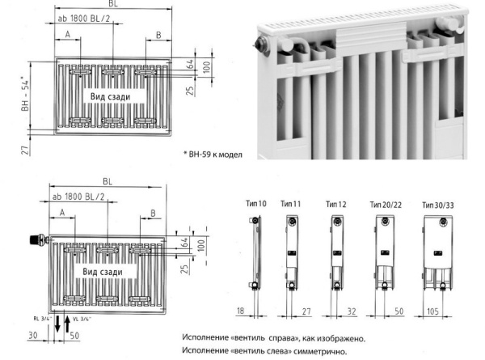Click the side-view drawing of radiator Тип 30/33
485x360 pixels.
pyautogui.click(x=440, y=251)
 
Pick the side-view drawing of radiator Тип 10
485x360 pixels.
pyautogui.click(x=255, y=251)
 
